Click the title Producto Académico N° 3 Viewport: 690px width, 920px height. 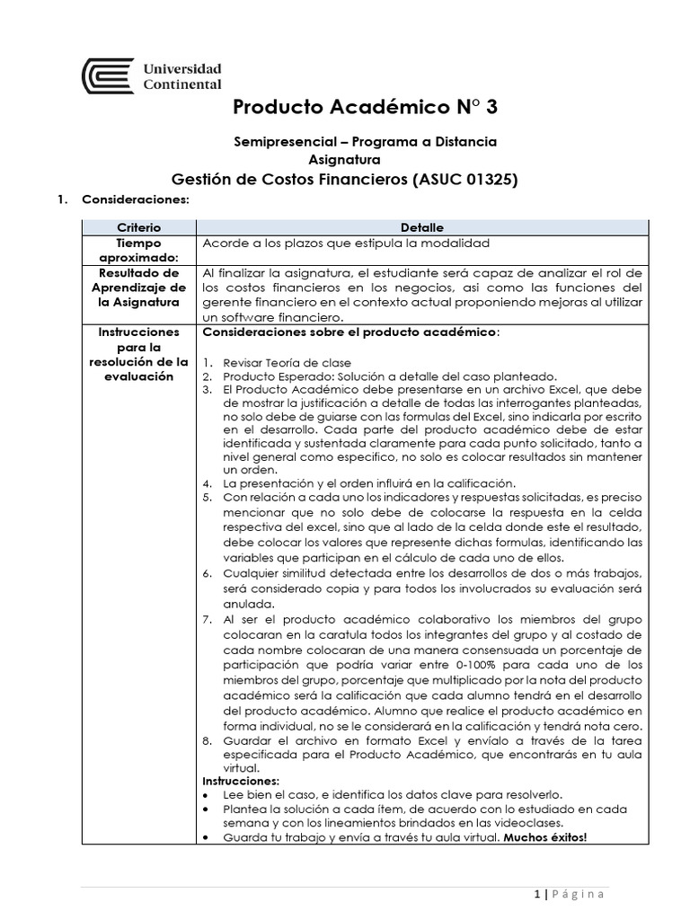point(364,108)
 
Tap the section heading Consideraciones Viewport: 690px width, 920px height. point(136,199)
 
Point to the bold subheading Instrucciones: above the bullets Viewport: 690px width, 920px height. point(238,782)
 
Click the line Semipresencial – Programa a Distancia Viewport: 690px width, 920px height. point(365,142)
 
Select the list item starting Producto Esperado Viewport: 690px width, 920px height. point(376,376)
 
